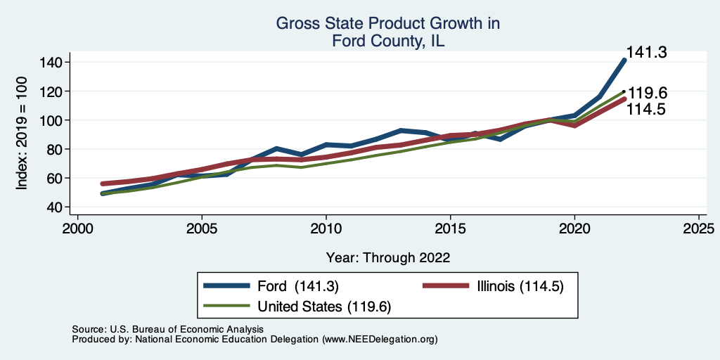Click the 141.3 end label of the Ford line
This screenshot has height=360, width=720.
tap(646, 52)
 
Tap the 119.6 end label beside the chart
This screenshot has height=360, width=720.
tap(648, 94)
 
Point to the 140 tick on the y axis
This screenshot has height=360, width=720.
tap(51, 63)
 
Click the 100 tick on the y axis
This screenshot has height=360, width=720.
tap(51, 120)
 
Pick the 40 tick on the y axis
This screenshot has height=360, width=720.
tap(55, 207)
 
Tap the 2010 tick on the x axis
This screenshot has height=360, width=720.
tap(326, 229)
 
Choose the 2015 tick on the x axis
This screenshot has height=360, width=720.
tap(451, 229)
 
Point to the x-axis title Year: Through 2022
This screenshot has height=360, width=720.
tap(388, 257)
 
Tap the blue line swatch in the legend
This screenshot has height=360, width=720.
tap(227, 286)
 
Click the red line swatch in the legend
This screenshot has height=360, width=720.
tap(445, 286)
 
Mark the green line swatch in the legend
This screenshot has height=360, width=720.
tap(227, 307)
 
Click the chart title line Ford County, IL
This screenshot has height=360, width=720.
tap(388, 41)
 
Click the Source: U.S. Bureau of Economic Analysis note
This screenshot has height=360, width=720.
tap(167, 329)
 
